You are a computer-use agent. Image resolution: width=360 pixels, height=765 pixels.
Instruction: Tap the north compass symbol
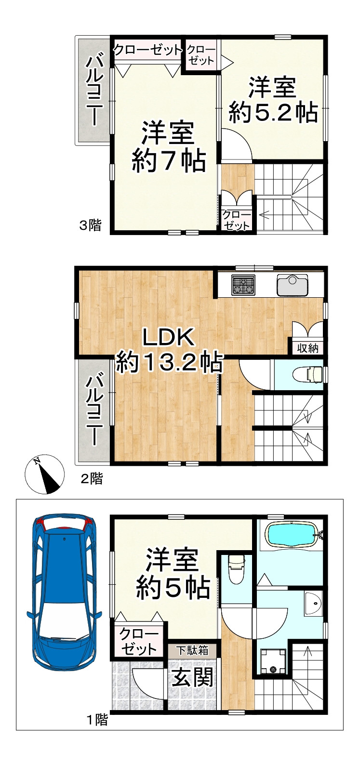[x=44, y=475]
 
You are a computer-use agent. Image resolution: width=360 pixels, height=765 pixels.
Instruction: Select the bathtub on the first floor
[x=291, y=534]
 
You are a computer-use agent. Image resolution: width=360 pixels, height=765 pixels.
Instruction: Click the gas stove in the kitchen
[x=243, y=284]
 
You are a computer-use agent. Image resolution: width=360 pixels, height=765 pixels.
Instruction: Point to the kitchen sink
[x=292, y=285]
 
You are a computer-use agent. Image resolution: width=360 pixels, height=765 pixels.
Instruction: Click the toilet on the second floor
[x=309, y=374]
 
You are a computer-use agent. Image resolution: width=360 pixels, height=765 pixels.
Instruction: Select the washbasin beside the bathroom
[x=313, y=603]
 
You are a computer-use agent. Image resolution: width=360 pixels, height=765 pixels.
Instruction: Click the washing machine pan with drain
[x=273, y=662]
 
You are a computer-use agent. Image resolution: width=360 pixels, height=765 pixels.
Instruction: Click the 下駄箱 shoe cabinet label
[x=191, y=650]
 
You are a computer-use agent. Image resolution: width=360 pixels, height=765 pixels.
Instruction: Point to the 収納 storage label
[x=307, y=348]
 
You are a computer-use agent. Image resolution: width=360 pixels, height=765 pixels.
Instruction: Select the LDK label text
[x=168, y=338]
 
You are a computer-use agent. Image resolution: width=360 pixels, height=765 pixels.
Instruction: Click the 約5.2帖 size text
[x=273, y=113]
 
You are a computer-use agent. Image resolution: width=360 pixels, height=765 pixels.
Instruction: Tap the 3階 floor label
[x=91, y=225]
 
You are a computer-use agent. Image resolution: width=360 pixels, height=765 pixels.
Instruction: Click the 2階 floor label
[x=91, y=478]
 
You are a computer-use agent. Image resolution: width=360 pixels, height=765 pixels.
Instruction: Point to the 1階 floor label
[x=97, y=721]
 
